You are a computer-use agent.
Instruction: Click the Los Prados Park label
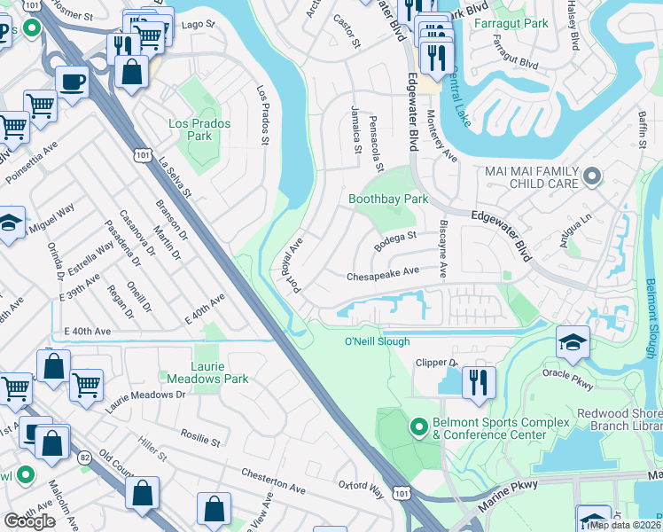[199, 129]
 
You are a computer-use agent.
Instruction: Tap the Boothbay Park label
[388, 199]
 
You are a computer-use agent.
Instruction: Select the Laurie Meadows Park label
[207, 372]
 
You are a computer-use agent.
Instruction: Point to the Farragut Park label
[511, 22]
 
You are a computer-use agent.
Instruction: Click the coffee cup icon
[71, 82]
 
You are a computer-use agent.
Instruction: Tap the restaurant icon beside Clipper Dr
[479, 382]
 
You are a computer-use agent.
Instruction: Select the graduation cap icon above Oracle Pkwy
[573, 342]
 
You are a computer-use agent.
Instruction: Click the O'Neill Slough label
[377, 341]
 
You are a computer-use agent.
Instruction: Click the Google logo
[29, 521]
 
